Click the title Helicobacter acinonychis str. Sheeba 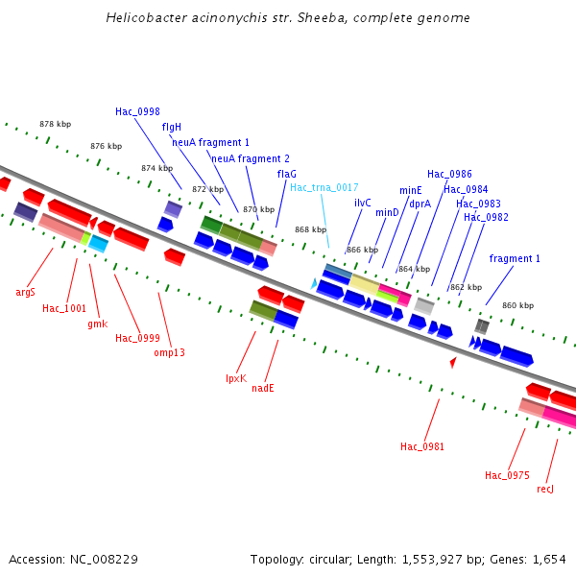(288, 18)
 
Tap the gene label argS (26, 292)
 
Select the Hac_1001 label (64, 308)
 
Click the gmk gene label (97, 324)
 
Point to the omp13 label (169, 352)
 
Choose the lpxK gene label (236, 378)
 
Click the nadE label (263, 388)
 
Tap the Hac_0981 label (422, 446)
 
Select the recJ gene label (545, 489)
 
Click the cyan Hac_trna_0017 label (324, 187)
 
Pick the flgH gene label (172, 127)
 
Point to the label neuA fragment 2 (251, 158)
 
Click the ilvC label (363, 203)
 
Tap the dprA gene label (420, 204)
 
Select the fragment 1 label (515, 258)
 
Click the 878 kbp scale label (56, 124)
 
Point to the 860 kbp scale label (518, 305)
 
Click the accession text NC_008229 (73, 559)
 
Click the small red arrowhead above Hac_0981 (453, 362)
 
